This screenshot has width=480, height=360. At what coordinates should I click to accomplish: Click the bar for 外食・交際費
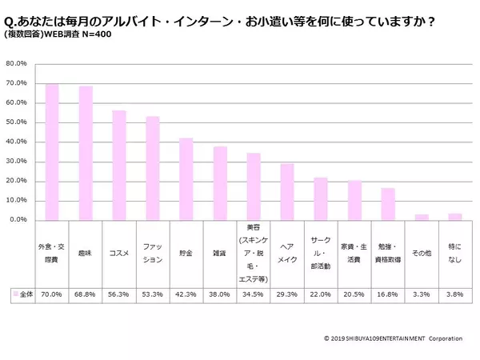(x=52, y=152)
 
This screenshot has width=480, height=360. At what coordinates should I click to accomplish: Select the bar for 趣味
(x=86, y=153)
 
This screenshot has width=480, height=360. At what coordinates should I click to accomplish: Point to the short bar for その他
(x=422, y=216)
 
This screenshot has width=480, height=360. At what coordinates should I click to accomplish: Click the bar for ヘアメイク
(x=287, y=191)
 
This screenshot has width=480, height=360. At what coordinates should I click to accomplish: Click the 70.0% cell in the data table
(x=52, y=294)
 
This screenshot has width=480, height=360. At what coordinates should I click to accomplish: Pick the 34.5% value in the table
(x=254, y=294)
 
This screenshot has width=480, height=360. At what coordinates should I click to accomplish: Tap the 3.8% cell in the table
(x=456, y=294)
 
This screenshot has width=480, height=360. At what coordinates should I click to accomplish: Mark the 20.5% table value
(x=354, y=294)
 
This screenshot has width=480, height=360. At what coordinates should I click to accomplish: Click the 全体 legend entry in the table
(x=21, y=294)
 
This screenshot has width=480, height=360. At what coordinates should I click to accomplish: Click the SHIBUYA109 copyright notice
(x=393, y=338)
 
